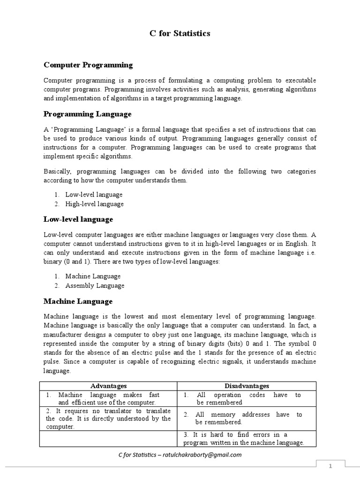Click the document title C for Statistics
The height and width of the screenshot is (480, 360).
point(180,33)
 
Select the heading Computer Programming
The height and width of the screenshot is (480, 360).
point(88,65)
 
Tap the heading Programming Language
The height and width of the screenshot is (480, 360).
point(87,114)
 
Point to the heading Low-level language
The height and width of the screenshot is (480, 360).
point(78,219)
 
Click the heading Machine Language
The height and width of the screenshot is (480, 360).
point(78,301)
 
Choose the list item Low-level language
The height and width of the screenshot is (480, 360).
point(94,195)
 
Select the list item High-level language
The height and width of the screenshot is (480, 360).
point(94,204)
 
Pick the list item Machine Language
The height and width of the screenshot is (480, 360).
point(93,276)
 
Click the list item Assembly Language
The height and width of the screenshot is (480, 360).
point(95,285)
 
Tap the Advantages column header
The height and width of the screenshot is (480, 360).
point(108,386)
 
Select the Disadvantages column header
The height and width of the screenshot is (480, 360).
point(247,386)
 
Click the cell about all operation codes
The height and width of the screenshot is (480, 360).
point(247,398)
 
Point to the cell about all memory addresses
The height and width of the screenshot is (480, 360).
point(247,418)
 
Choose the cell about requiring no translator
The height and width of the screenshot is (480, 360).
point(108,418)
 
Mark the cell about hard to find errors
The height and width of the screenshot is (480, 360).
point(247,439)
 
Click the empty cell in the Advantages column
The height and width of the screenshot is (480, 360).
point(108,439)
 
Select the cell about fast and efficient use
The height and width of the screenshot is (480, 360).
point(108,398)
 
